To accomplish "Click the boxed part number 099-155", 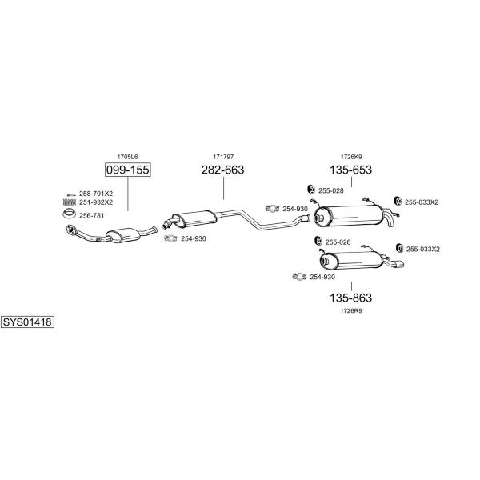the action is coord(128,170).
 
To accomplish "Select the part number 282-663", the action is coord(222,170).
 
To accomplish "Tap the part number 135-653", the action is coord(351,170).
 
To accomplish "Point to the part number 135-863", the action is coord(351,298).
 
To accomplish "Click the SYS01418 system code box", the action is coord(27,322).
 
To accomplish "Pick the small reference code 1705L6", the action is coord(127,157).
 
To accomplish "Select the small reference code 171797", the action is coord(223,157).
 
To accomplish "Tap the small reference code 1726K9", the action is coord(351,157).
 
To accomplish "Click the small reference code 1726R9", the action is coord(351,311).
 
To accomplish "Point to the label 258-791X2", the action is coord(96,194).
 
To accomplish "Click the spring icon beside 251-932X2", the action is coord(69,202).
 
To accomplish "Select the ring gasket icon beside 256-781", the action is coord(69,214).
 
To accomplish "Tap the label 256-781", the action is coord(91,215).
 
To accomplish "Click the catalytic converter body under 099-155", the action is coord(123,235).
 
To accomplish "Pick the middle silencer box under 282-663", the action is coord(194,218).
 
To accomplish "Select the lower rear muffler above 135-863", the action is coord(351,261).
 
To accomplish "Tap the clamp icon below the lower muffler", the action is coord(299,277).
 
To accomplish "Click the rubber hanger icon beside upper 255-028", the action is coord(311,190).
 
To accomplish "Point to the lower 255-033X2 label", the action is coord(422,249).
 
